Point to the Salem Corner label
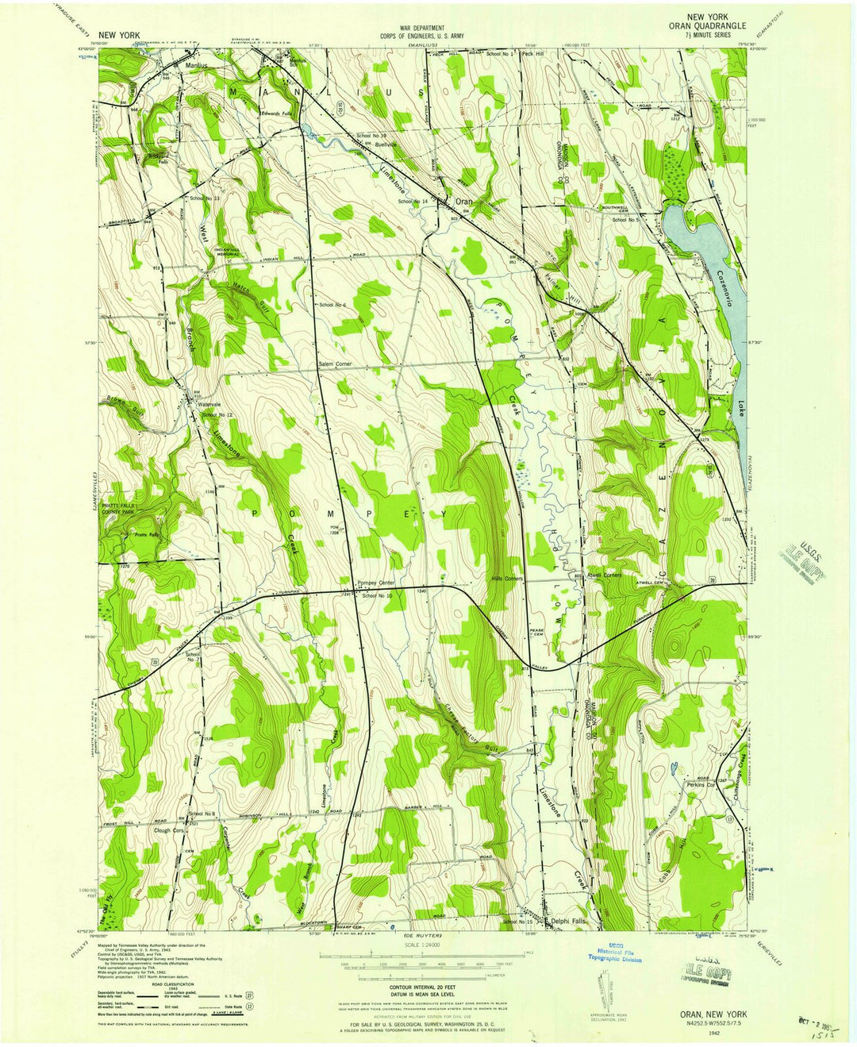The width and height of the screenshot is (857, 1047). [x=330, y=364]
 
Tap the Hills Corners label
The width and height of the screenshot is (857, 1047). [x=508, y=579]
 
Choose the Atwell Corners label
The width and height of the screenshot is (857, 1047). [x=605, y=575]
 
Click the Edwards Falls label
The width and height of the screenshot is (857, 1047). [x=279, y=114]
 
